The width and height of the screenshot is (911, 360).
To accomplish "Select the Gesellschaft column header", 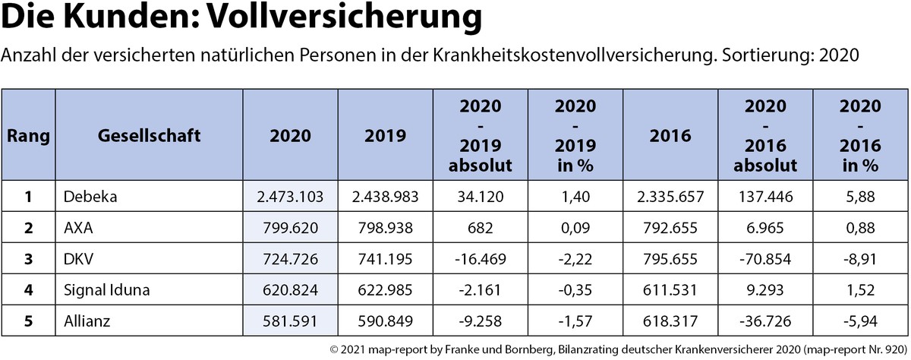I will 149,136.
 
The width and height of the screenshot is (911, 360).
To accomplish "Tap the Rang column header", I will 28,136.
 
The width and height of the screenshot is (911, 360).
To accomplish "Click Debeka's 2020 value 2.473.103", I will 290,197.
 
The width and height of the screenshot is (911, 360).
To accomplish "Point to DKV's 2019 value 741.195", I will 385,258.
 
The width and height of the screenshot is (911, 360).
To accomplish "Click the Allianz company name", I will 88,321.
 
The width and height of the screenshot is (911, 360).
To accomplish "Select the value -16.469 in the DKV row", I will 481,258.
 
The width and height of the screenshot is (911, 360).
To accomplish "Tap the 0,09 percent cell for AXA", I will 576,226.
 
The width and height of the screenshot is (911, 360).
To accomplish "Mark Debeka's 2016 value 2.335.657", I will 671,197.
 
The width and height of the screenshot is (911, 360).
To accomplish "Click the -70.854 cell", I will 766,258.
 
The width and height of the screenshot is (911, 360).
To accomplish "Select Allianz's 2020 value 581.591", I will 290,321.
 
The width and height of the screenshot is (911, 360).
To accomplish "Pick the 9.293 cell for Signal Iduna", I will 766,289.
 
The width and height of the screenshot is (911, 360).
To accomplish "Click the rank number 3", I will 28,258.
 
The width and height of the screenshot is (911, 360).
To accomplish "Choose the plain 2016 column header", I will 671,136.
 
